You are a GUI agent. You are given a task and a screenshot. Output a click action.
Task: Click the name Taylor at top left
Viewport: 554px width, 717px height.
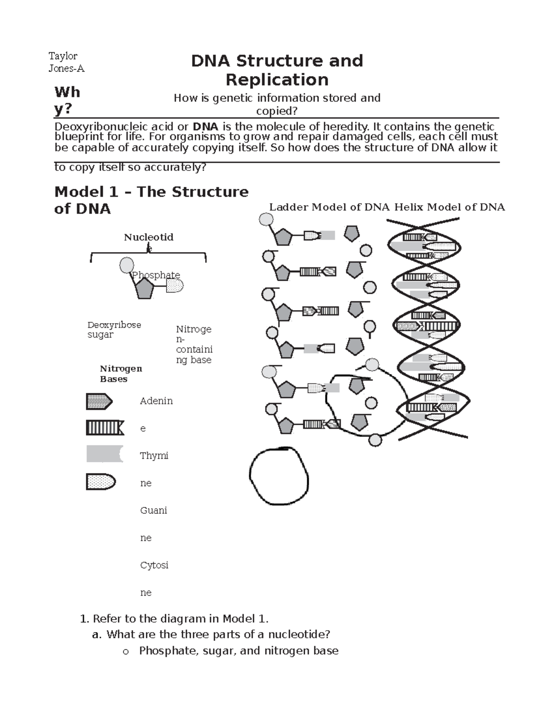point(63,56)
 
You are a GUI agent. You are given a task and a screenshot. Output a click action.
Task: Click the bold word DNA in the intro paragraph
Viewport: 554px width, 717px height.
point(205,127)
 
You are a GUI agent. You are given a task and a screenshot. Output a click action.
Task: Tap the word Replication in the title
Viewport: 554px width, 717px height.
point(277,79)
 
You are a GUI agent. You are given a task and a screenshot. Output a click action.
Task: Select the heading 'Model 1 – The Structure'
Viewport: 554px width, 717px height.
point(151,192)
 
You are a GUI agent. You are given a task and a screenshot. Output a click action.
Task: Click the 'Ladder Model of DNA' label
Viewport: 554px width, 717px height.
point(330,207)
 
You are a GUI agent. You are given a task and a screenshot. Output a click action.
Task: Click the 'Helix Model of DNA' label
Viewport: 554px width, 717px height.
point(449,207)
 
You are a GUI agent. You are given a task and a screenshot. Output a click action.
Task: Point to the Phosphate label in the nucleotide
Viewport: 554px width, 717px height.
point(156,275)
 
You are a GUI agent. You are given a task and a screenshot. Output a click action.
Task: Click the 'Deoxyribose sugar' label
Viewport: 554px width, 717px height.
point(114,330)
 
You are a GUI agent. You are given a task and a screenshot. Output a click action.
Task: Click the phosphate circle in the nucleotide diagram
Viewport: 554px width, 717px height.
point(126,265)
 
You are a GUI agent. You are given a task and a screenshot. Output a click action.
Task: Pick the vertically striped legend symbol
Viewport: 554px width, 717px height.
point(105,428)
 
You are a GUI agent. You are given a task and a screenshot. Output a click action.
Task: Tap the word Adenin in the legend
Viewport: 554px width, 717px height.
point(156,401)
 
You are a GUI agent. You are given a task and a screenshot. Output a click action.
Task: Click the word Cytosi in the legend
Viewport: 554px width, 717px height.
point(154,565)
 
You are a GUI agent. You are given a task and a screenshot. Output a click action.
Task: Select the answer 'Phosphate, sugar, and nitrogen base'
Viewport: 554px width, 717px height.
point(239,651)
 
